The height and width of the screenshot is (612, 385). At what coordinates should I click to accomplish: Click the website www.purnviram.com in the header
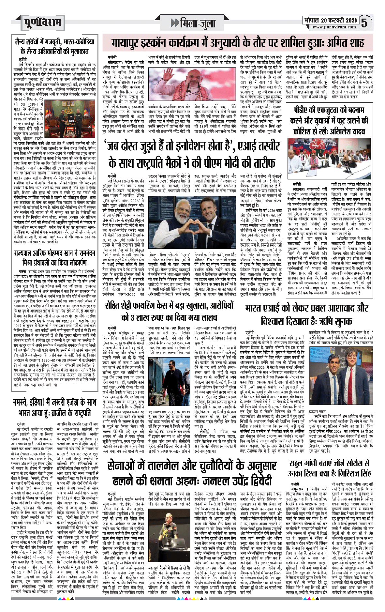tap(334, 27)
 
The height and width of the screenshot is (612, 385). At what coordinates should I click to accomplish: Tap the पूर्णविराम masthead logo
tap(42, 23)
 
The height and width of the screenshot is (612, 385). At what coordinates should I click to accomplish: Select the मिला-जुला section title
tap(194, 23)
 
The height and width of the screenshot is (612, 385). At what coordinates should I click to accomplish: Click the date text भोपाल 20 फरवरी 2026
tap(331, 20)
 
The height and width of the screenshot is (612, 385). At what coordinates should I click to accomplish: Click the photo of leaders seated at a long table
tap(329, 162)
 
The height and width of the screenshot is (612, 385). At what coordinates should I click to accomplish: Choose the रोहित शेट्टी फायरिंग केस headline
tap(169, 311)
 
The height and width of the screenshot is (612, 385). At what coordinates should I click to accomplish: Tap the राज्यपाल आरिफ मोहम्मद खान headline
tap(54, 258)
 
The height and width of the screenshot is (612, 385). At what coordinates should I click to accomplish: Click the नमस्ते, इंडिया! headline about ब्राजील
tap(54, 407)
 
